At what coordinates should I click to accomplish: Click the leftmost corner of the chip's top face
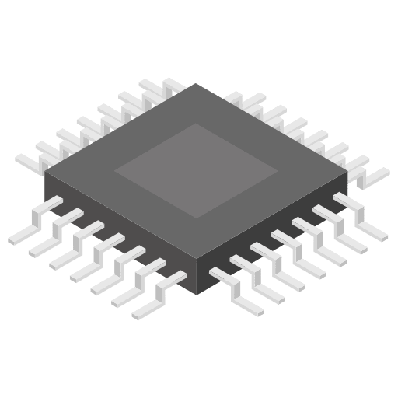click(45, 172)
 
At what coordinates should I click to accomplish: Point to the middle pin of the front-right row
click(303, 257)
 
